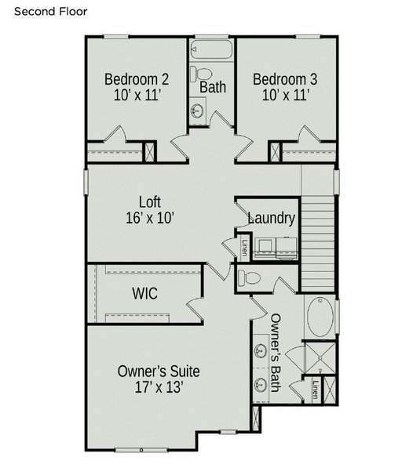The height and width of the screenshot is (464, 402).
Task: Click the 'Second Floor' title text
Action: [51, 12]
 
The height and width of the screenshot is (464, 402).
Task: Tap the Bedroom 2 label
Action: [137, 79]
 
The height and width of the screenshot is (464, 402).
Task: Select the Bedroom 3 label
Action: [285, 79]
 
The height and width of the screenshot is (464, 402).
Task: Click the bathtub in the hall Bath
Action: [211, 49]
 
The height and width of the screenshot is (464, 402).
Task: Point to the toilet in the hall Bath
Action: [200, 74]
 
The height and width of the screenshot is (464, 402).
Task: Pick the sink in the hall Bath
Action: [196, 111]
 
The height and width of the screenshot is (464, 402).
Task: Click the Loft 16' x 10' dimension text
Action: [150, 218]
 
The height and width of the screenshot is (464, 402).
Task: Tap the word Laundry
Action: [271, 218]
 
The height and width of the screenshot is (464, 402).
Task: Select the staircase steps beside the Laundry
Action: [318, 243]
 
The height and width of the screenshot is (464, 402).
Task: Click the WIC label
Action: [144, 293]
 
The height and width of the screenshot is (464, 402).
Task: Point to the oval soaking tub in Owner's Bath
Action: [320, 317]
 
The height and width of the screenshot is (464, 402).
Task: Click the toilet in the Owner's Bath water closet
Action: [249, 278]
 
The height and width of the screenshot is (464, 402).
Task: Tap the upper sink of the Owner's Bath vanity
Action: [261, 351]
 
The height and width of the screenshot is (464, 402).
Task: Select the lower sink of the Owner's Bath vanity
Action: [261, 384]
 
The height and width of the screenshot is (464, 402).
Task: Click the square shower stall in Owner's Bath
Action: [320, 358]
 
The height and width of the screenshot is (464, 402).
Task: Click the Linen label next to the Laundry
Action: [244, 248]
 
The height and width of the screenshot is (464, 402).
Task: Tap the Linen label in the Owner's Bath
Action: [316, 390]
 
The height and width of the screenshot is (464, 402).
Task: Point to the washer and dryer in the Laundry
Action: [276, 247]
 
